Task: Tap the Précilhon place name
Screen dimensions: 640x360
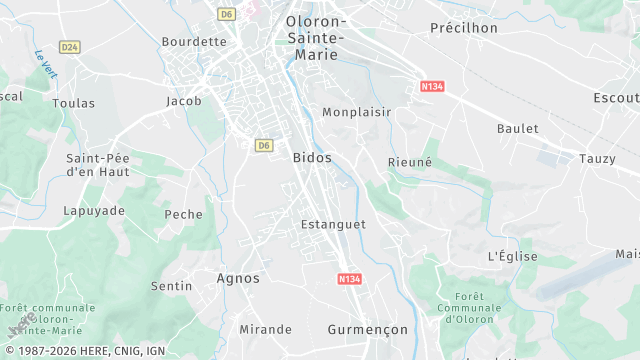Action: [463, 28]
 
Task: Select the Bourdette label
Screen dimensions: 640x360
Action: [194, 42]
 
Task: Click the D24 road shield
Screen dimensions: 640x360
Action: [69, 47]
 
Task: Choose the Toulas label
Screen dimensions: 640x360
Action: [73, 103]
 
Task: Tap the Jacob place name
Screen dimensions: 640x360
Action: [184, 101]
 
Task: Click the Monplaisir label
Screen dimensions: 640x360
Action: [356, 112]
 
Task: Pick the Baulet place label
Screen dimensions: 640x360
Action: [517, 129]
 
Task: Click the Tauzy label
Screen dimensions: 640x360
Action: [597, 159]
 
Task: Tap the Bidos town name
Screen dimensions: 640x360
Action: [312, 158]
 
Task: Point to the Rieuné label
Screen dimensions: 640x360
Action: [410, 161]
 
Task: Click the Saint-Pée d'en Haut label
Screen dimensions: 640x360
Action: [96, 165]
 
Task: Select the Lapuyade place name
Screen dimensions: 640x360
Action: [94, 211]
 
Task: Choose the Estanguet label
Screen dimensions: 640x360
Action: [333, 225]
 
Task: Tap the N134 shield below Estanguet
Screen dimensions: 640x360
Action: [349, 279]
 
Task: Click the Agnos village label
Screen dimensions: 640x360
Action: [238, 278]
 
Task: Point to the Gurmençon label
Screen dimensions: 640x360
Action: [368, 329]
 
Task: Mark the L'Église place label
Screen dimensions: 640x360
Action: [512, 257]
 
